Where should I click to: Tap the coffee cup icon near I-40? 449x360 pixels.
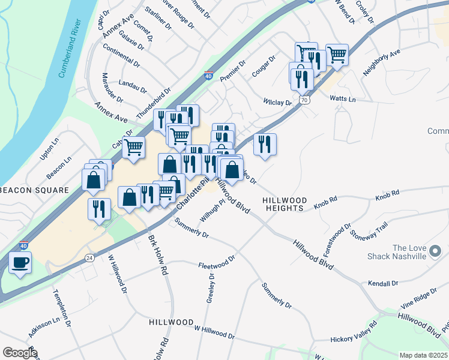click(x=20, y=263)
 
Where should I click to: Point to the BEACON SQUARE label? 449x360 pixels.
click(x=34, y=190)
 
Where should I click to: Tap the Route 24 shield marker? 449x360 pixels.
click(x=89, y=258)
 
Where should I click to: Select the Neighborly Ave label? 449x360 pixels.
click(x=381, y=62)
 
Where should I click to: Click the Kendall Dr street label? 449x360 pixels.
click(x=384, y=283)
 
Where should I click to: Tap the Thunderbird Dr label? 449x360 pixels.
click(x=154, y=104)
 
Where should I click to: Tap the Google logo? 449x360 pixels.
click(x=20, y=352)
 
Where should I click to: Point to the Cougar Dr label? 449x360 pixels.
click(x=263, y=67)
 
